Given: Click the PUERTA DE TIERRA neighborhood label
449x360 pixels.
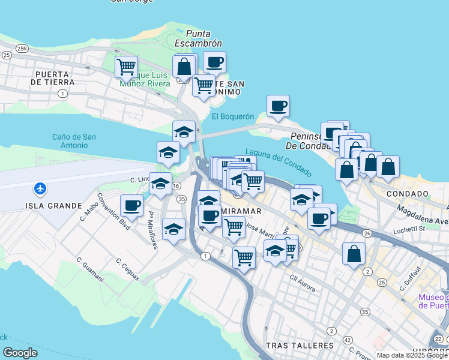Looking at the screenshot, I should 55,78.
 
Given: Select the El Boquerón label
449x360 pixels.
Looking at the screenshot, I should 233,116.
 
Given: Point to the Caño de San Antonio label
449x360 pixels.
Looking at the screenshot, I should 74,141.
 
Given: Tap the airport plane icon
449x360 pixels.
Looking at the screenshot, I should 40,188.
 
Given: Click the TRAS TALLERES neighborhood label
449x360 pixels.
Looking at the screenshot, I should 299,346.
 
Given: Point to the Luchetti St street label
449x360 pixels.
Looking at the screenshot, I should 409,229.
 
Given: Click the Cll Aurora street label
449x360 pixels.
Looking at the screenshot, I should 303,283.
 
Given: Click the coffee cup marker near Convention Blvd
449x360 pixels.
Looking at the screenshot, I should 131,206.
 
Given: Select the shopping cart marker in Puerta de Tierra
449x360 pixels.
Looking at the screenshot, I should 126,67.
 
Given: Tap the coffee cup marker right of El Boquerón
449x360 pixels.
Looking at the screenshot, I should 278,106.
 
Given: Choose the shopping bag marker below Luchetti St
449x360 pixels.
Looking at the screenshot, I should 354,253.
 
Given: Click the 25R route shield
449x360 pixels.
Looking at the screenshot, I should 23,48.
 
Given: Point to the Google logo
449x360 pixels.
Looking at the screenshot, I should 20,353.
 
